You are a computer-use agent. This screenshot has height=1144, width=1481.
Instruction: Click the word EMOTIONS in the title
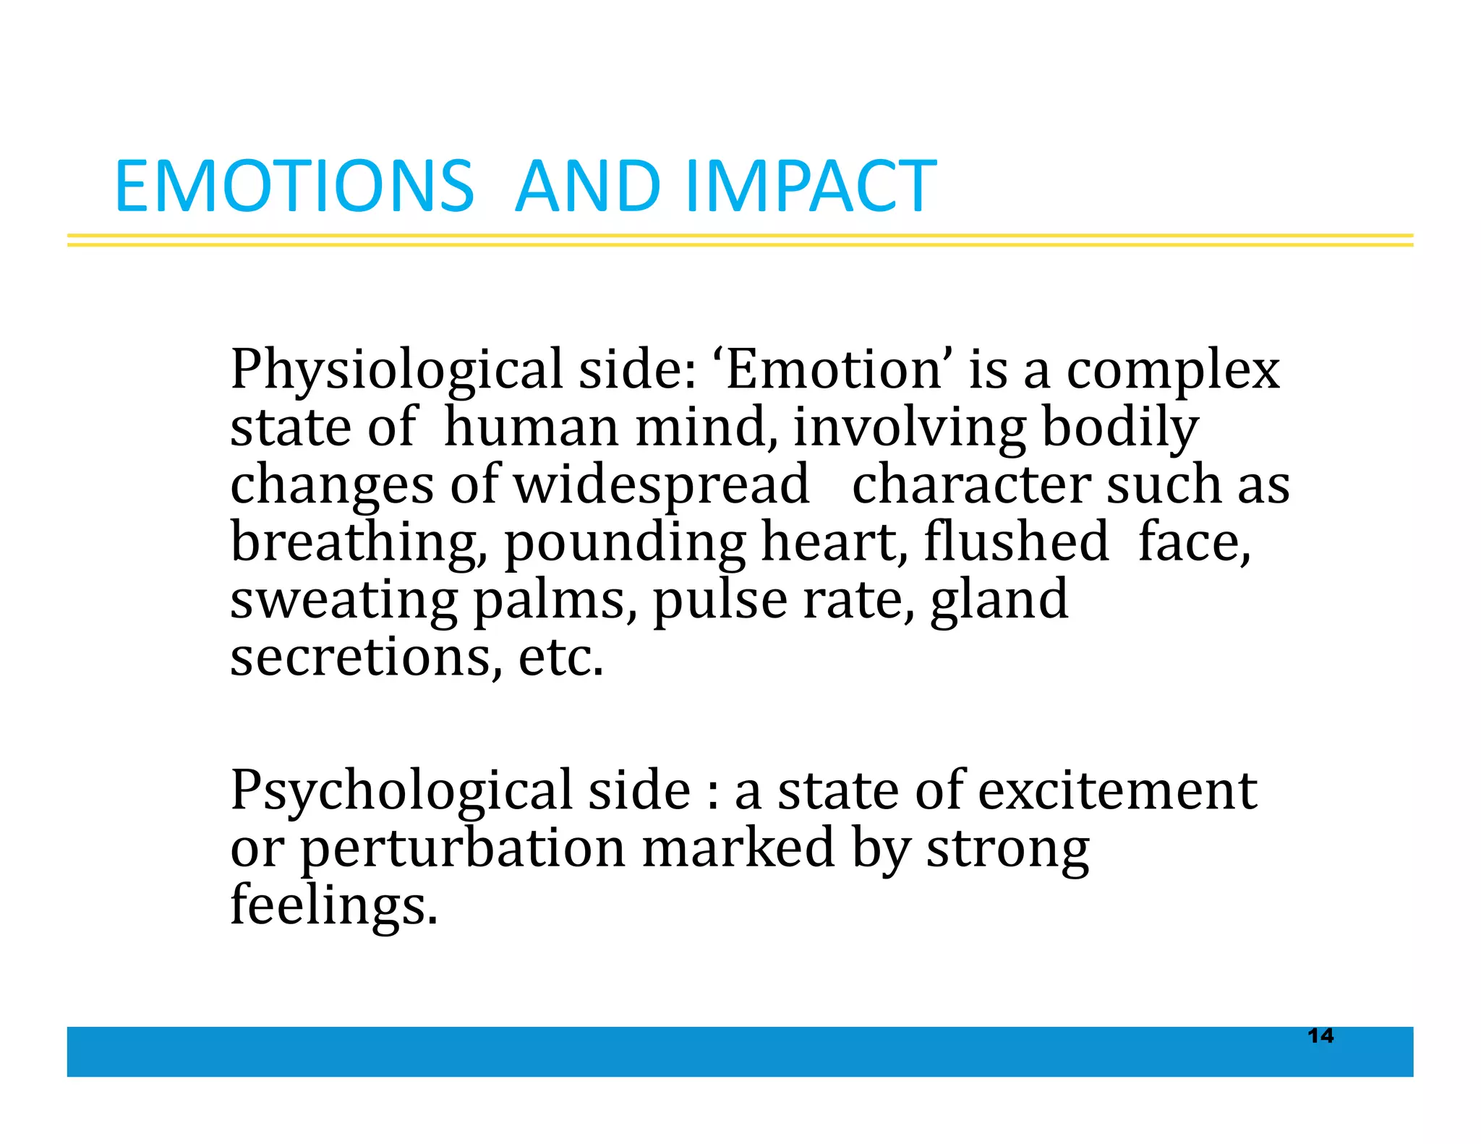[x=294, y=187]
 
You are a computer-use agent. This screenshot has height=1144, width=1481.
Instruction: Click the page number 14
[x=1320, y=1036]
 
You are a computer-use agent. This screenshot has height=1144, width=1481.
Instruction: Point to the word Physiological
[x=396, y=371]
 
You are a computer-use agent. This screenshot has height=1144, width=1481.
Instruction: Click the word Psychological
[x=401, y=791]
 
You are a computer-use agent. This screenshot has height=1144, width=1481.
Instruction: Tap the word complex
[x=1173, y=371]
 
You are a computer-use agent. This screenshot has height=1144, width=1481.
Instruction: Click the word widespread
[x=662, y=486]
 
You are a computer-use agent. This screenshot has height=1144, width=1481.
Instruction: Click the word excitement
[x=1117, y=790]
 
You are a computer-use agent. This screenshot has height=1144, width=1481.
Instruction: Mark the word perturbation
[x=463, y=849]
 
